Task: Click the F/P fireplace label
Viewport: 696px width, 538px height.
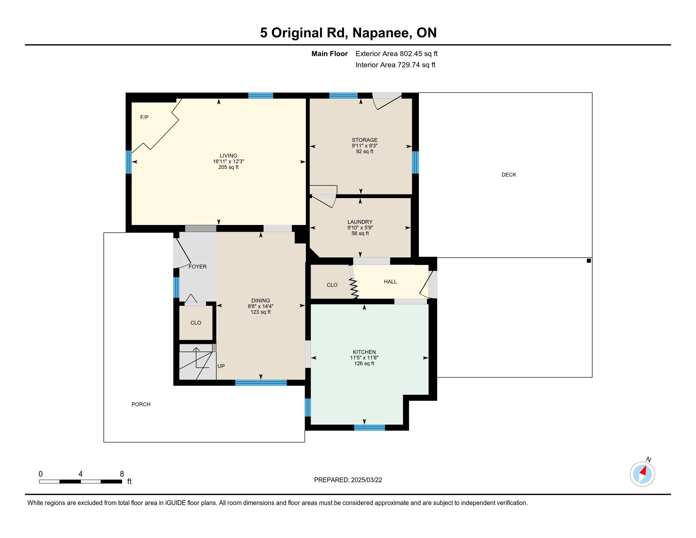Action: [144, 117]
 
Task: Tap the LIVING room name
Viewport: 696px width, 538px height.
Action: [228, 156]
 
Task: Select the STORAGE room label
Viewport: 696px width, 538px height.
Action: [364, 140]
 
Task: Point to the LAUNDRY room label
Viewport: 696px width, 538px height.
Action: [360, 222]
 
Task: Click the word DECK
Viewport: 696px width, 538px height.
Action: [509, 175]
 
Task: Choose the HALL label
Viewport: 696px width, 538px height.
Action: [390, 282]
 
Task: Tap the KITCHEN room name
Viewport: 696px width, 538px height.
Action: [364, 352]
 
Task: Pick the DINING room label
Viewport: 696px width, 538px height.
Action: [261, 301]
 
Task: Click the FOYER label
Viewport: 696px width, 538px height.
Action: [198, 267]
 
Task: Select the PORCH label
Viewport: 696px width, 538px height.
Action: [141, 404]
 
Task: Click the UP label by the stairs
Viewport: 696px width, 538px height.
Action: [221, 366]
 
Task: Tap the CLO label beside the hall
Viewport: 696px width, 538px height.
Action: [332, 285]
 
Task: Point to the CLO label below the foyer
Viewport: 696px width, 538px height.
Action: [196, 323]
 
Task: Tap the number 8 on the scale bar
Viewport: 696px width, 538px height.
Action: [122, 474]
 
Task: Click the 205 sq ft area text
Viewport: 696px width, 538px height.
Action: [228, 167]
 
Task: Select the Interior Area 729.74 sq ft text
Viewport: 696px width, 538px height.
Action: [395, 65]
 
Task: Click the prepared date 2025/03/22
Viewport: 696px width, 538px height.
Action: [366, 480]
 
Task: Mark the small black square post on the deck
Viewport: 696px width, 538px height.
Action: [589, 261]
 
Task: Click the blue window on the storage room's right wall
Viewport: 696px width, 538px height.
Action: [415, 162]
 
